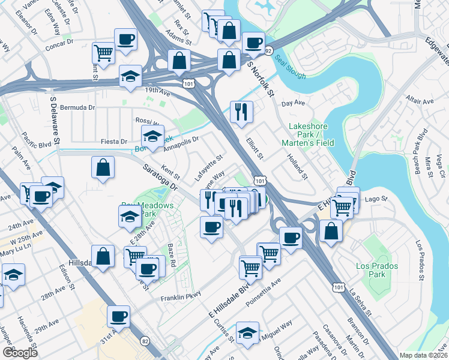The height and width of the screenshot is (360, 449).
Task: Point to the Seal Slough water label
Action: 291,67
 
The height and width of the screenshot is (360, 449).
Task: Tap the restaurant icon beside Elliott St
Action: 242,111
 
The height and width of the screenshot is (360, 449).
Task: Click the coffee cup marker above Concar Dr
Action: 126,40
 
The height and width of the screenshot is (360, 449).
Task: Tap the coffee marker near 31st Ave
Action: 119,316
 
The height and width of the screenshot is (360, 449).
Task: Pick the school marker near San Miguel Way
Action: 247,332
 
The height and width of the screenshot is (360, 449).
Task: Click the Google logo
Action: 20,353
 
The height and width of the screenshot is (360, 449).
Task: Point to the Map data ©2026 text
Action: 424,355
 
